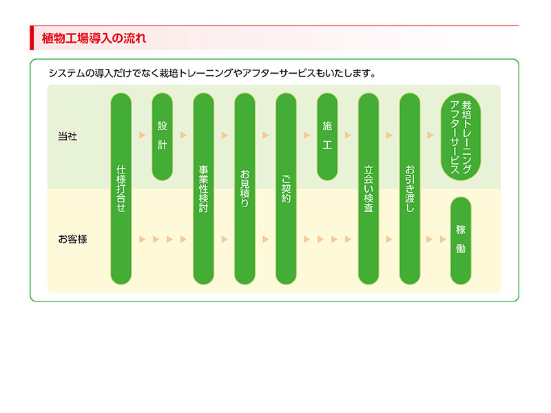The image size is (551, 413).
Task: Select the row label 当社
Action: click(x=67, y=136)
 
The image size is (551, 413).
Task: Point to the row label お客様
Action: click(x=72, y=240)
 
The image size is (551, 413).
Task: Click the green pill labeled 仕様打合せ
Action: click(x=121, y=189)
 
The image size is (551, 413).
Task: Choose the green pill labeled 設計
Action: click(x=162, y=136)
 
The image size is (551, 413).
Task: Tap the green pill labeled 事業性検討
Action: click(x=204, y=189)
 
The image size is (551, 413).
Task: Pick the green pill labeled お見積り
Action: click(x=245, y=189)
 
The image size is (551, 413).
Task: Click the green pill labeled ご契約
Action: click(x=286, y=189)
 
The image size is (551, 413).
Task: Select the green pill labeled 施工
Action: click(x=327, y=136)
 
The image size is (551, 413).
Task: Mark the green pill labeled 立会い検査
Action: click(x=368, y=189)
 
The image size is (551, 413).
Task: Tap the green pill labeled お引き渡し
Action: click(x=410, y=189)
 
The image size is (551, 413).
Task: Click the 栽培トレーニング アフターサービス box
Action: click(x=461, y=136)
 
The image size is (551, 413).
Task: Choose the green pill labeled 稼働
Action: click(x=461, y=240)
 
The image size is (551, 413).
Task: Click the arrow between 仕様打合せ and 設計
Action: click(x=142, y=136)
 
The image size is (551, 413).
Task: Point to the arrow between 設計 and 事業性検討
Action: click(x=183, y=136)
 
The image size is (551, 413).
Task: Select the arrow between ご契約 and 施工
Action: click(x=307, y=136)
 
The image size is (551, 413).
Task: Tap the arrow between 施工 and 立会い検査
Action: click(x=349, y=136)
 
